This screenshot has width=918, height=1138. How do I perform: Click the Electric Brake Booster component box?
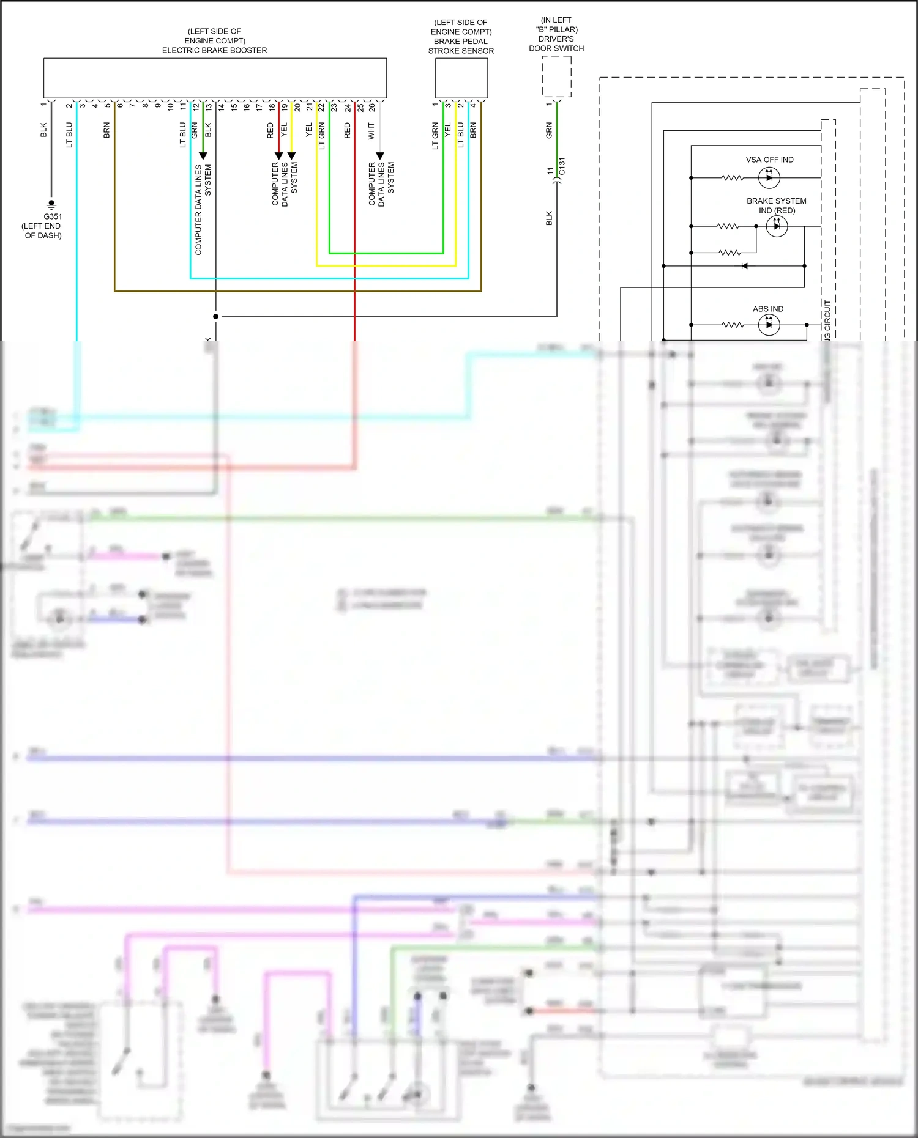click(215, 78)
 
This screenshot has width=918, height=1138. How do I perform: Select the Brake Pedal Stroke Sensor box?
click(461, 78)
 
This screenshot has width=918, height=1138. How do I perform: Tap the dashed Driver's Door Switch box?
click(556, 76)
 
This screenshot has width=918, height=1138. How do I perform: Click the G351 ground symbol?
click(51, 203)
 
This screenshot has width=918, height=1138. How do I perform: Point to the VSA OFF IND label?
click(769, 160)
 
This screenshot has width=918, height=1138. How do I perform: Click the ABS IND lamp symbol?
click(769, 325)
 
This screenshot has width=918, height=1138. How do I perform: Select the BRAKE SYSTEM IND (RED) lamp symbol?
click(777, 226)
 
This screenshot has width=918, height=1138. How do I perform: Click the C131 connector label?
click(562, 166)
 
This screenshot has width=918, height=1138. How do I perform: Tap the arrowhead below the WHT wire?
click(379, 156)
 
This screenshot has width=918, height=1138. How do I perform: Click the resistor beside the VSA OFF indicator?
click(732, 178)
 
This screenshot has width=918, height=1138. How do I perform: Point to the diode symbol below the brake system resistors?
click(744, 266)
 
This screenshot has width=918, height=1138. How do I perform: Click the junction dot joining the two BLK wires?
click(215, 316)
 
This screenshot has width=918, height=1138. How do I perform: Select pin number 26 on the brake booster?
click(371, 107)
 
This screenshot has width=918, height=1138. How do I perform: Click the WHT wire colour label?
click(371, 131)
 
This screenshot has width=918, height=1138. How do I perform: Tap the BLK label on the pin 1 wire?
click(43, 130)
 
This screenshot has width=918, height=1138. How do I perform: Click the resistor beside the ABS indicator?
click(732, 325)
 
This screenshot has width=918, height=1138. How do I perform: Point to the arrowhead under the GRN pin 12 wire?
click(203, 156)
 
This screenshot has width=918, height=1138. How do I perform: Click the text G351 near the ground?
click(53, 216)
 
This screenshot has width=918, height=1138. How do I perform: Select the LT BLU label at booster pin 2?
click(69, 135)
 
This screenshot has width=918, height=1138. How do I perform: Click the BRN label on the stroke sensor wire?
click(473, 130)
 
